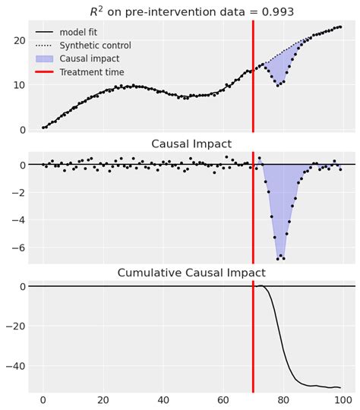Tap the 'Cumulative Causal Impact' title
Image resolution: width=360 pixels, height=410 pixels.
(x=191, y=273)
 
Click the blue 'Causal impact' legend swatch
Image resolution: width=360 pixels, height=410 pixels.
(x=44, y=59)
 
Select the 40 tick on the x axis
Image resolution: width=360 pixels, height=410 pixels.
(x=163, y=400)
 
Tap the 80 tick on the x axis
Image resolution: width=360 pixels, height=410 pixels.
(x=283, y=400)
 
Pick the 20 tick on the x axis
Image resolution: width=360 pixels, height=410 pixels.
(x=103, y=400)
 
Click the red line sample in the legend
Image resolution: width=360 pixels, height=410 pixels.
(x=44, y=72)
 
